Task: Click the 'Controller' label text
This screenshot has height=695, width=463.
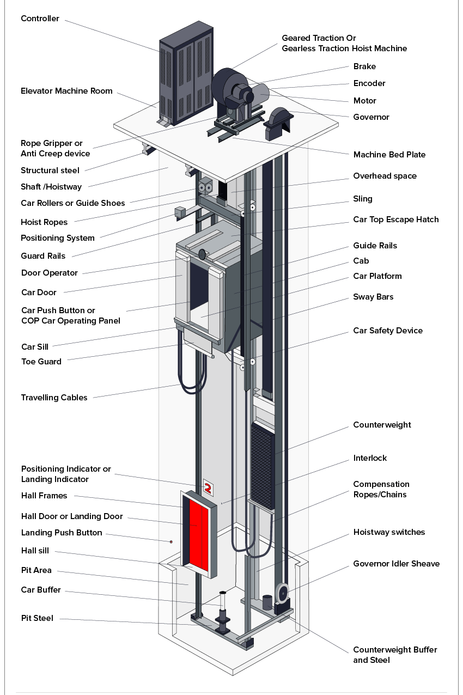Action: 40,19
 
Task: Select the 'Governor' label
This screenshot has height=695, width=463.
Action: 371,117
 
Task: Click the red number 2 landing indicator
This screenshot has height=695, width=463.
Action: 208,487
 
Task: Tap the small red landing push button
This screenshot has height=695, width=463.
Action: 172,541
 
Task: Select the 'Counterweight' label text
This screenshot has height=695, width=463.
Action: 382,425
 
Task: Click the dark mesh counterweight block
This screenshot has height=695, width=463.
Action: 262,463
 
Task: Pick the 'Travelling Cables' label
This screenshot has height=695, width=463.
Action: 54,398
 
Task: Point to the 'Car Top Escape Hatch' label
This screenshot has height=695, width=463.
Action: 395,220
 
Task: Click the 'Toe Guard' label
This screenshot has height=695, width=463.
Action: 41,362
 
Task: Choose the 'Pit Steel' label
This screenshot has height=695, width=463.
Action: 37,618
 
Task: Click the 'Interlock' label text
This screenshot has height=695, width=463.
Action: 370,458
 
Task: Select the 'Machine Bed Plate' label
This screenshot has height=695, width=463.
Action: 389,155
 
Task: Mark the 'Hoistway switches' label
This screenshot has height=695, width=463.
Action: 388,532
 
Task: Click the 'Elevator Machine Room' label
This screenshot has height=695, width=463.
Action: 66,91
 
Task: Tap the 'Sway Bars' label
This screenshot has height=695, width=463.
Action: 373,297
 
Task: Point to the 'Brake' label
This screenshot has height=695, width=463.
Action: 364,66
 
